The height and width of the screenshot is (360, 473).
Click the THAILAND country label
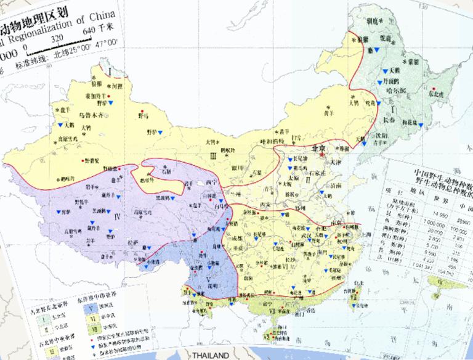pos(210,355)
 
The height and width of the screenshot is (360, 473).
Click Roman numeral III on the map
pos(212,157)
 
